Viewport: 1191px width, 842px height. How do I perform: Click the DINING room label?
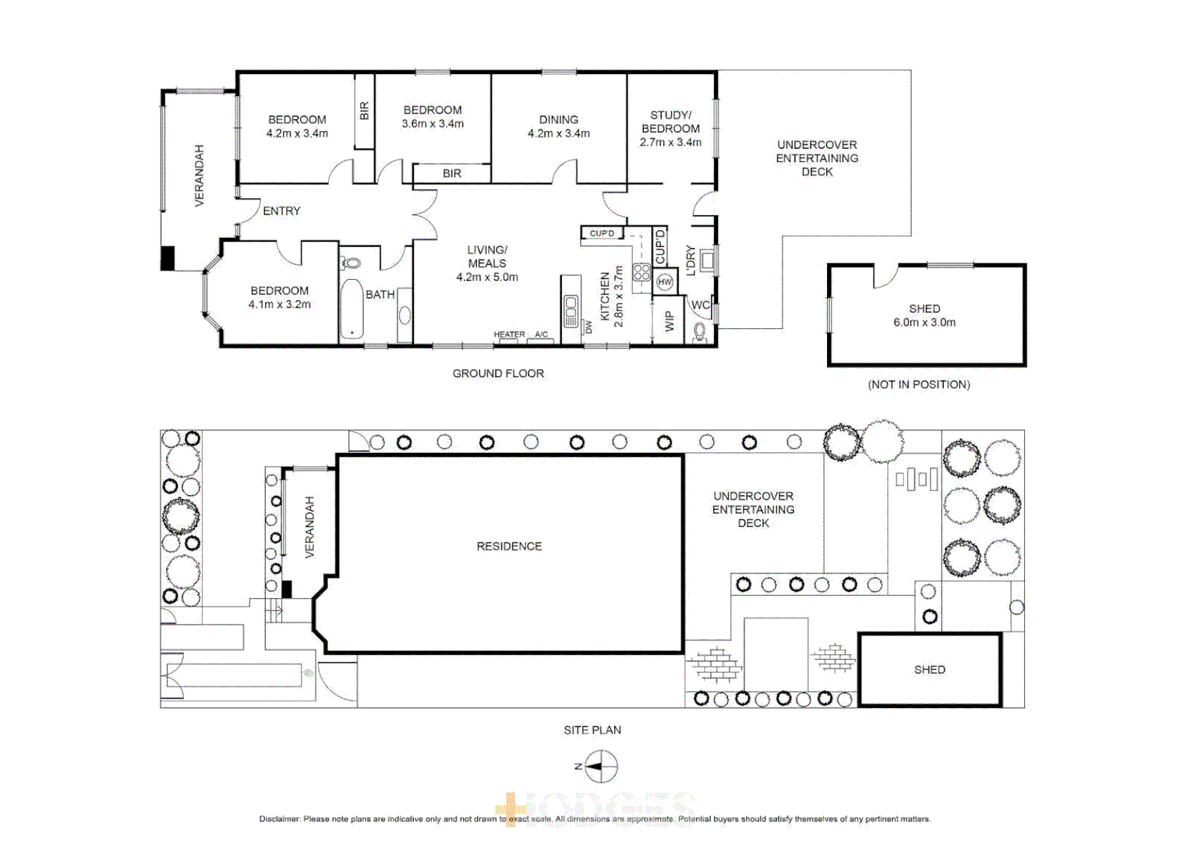click(558, 119)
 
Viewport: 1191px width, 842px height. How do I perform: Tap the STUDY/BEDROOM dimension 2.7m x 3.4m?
click(670, 143)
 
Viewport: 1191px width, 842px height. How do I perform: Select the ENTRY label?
click(281, 211)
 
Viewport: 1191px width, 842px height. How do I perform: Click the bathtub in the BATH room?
click(352, 309)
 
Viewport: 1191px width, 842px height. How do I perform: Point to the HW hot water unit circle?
click(664, 282)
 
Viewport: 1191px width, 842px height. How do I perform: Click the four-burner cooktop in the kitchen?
click(641, 272)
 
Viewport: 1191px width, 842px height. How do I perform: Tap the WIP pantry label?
click(669, 321)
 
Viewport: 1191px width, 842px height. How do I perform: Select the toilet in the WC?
click(699, 332)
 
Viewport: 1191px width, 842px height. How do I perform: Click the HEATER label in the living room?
click(509, 334)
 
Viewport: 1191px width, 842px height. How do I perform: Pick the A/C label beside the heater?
click(541, 334)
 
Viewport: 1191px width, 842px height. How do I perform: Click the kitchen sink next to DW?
click(571, 310)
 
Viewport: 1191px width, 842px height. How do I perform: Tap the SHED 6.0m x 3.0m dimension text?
click(924, 322)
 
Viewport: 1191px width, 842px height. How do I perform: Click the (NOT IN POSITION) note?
click(918, 384)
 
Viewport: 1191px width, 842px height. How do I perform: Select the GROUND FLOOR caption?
click(498, 373)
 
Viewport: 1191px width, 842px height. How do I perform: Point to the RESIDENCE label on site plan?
click(509, 547)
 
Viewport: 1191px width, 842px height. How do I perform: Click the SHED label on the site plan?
click(929, 670)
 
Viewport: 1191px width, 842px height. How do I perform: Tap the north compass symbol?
click(600, 766)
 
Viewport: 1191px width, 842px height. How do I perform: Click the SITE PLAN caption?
click(592, 730)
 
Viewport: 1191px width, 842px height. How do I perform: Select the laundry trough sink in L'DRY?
click(707, 260)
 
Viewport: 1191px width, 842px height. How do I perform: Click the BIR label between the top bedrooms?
click(364, 111)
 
